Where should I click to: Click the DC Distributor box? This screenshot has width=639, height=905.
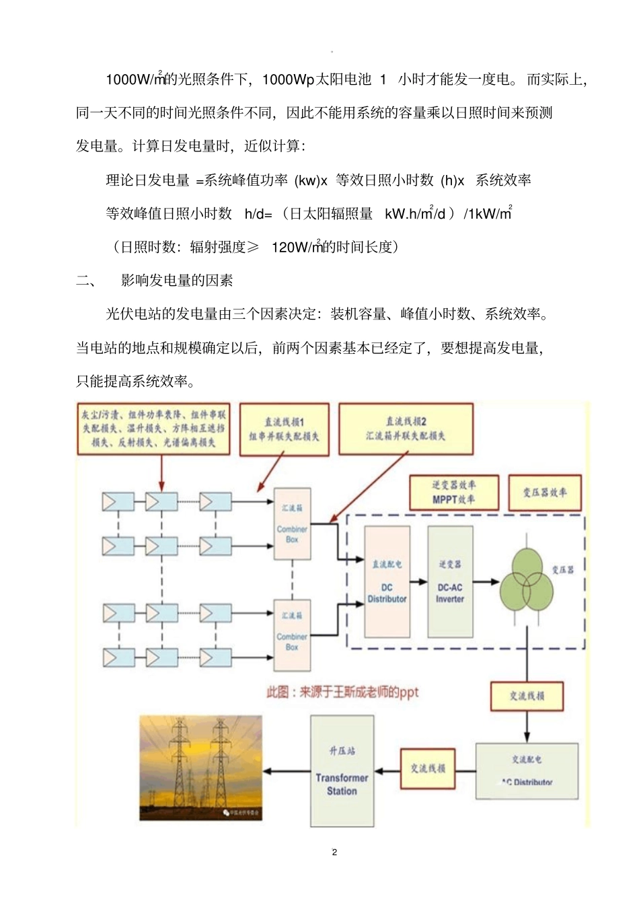pos(387,581)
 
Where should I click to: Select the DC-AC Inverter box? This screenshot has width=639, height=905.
pos(450,581)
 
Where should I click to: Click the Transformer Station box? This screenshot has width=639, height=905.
pos(342,770)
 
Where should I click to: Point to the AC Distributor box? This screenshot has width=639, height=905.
pos(527,771)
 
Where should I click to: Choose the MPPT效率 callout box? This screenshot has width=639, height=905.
pos(454,493)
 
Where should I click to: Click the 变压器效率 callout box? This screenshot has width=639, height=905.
pos(544,493)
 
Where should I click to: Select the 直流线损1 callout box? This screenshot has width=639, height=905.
pos(284,429)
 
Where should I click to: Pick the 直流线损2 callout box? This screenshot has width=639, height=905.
pos(406,429)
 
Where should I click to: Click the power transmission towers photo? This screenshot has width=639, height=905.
pos(201,768)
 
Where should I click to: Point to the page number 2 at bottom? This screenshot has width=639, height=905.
pos(334,852)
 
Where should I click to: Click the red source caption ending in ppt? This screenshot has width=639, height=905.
pos(342,692)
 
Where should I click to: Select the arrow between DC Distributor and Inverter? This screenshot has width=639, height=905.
pos(419,581)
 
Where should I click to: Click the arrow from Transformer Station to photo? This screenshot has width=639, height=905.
pos(286,771)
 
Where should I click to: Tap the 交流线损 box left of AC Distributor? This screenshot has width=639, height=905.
pos(428,768)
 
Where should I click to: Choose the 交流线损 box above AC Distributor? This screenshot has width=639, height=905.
pos(527,696)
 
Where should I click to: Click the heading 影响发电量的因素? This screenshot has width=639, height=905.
pos(177,281)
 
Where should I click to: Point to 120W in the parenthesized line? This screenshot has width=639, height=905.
pos(289,247)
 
